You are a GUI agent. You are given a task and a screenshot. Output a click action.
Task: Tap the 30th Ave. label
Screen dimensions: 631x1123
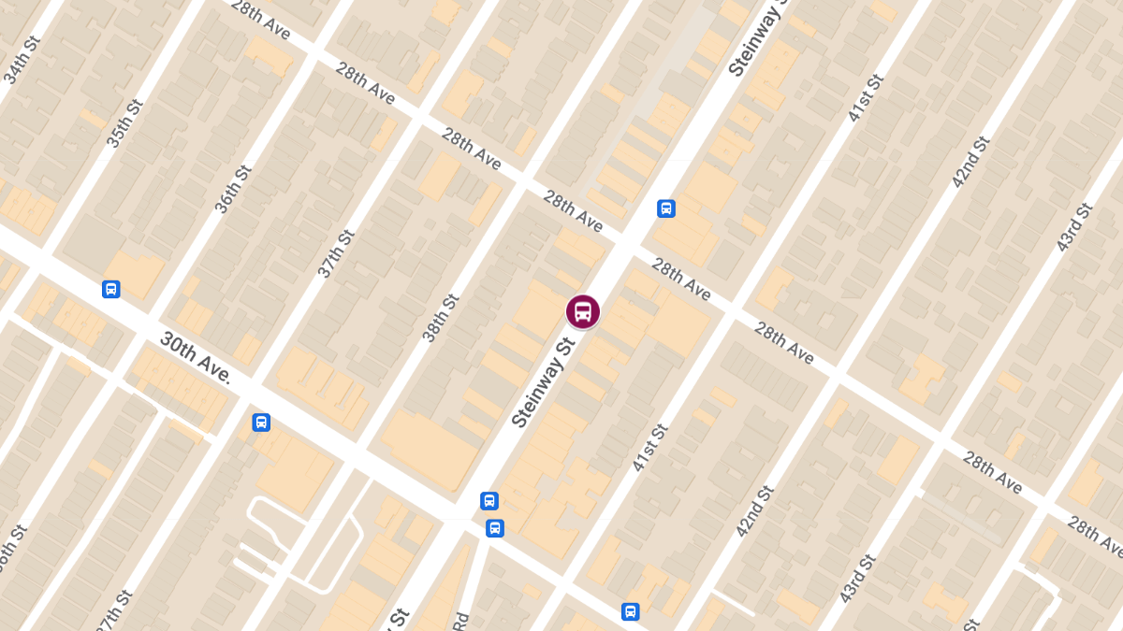195,356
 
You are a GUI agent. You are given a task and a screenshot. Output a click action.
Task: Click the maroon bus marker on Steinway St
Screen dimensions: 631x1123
582,311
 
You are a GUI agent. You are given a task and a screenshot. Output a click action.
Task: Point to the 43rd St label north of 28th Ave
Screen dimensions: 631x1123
1074,226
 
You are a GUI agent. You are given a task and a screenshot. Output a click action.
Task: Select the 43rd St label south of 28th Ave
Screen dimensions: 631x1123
859,578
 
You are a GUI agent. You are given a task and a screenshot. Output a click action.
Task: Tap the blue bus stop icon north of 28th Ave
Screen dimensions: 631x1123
666,208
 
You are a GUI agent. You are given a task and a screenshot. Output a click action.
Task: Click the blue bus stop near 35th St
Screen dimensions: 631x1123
111,289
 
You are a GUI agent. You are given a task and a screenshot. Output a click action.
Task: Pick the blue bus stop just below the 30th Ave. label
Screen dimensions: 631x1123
261,423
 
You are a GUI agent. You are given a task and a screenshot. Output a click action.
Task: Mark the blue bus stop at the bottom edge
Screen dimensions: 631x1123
631,612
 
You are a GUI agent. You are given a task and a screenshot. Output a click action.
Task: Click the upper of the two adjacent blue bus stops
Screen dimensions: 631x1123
489,501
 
